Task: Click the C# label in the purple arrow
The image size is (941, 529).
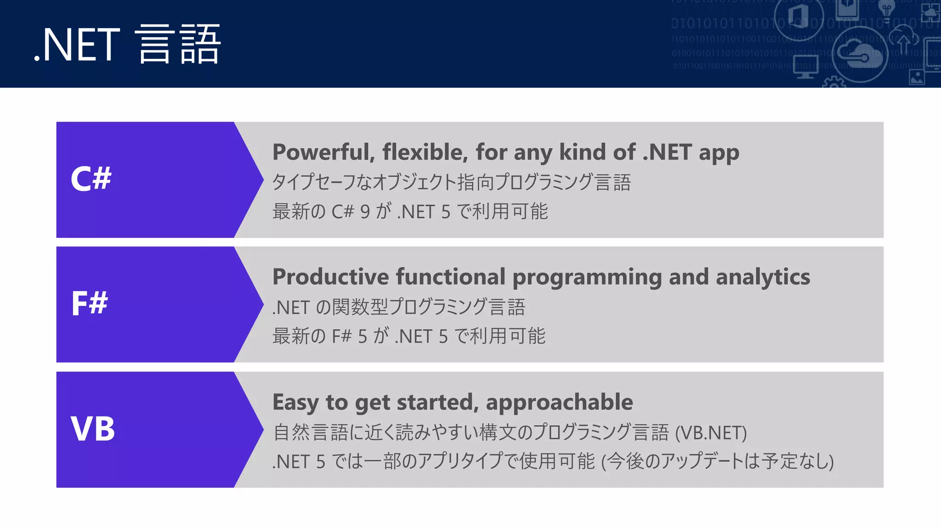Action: pyautogui.click(x=91, y=179)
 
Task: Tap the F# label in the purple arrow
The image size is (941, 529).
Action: pyautogui.click(x=90, y=304)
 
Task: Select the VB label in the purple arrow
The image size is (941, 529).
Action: pyautogui.click(x=93, y=429)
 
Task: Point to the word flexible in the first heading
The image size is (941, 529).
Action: pyautogui.click(x=425, y=152)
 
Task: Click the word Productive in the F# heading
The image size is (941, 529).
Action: pyautogui.click(x=331, y=277)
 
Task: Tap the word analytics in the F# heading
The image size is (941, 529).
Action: pyautogui.click(x=763, y=277)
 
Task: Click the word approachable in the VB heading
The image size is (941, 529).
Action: pyautogui.click(x=559, y=402)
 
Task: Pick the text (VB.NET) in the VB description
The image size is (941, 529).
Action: pyautogui.click(x=711, y=433)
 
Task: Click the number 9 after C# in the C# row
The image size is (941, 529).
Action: pyautogui.click(x=365, y=212)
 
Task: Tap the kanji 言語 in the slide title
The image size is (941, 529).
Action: pyautogui.click(x=178, y=45)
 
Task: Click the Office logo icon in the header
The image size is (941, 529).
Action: pyautogui.click(x=799, y=17)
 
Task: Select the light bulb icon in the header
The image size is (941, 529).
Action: pyautogui.click(x=886, y=10)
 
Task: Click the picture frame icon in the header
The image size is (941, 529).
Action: pyautogui.click(x=917, y=77)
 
